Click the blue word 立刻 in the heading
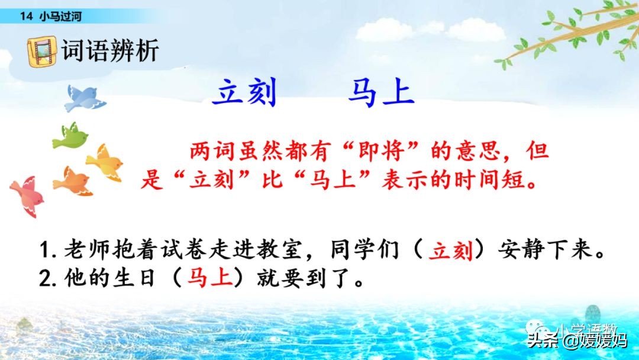pos(244,94)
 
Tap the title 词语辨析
pos(111,50)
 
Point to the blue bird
pos(83,98)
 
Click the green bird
pos(70,136)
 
